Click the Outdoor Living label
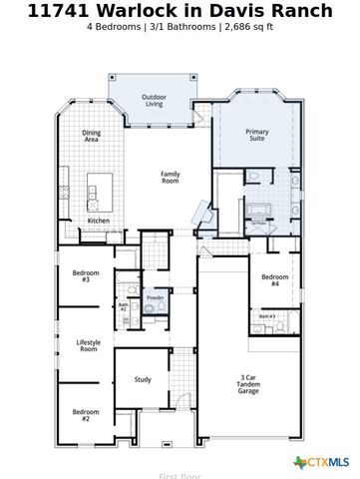pos(154,100)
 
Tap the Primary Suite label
pos(257,135)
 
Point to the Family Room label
pos(171,177)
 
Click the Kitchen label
pos(99,220)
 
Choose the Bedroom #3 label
pos(86,275)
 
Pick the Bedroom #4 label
pos(275,279)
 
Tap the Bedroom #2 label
pos(86,415)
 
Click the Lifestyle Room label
pos(89,346)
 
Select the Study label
pos(143,379)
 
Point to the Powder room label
pos(155,297)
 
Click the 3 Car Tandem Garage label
pos(249,384)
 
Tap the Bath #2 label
pos(124,307)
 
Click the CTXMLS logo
pos(321,462)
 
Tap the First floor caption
pos(180,475)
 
